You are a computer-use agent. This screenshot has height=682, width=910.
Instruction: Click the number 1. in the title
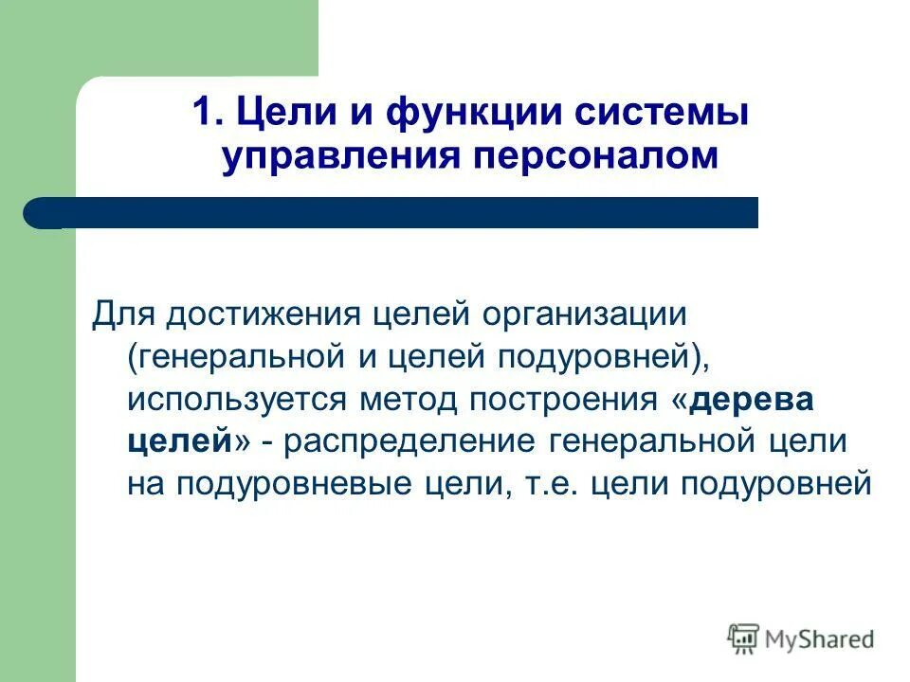click(x=207, y=116)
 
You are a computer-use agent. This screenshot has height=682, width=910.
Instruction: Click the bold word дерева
click(x=751, y=401)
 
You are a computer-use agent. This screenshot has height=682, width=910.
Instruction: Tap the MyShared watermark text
click(x=820, y=638)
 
